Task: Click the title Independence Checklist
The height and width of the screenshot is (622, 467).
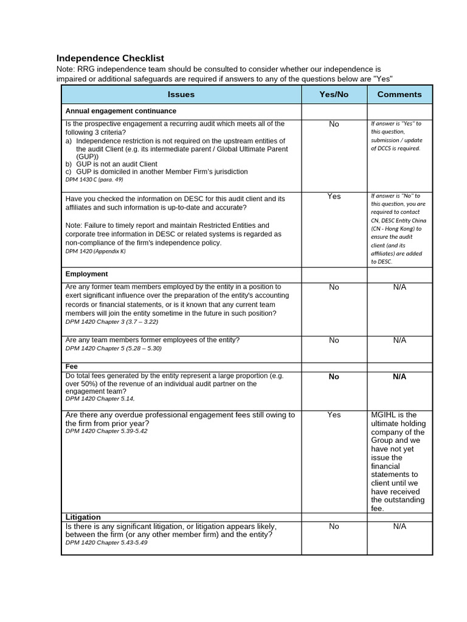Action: point(110,58)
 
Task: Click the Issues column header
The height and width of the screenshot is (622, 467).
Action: point(181,94)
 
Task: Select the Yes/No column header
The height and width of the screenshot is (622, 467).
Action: point(334,94)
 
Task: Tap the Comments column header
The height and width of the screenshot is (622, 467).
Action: point(399,94)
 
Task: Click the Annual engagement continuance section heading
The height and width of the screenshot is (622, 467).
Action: point(121,111)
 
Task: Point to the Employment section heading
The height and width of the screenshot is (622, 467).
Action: point(87,274)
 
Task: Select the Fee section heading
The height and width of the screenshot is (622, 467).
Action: point(72,367)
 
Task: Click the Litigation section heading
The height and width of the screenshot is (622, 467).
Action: point(83,517)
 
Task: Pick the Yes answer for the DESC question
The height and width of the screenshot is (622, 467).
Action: point(334,196)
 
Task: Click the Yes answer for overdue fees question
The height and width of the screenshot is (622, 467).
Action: point(334,415)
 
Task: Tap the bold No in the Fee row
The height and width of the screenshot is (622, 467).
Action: point(334,377)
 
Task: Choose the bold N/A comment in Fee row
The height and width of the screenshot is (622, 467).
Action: point(399,377)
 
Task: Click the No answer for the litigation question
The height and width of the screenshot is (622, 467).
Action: point(334,527)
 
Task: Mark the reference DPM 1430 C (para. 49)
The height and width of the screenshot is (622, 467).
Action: point(94,180)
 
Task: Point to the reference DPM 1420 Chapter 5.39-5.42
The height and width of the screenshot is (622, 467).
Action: point(106,431)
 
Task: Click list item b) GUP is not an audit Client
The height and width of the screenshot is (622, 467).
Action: point(111,164)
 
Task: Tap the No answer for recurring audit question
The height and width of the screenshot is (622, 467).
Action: point(334,124)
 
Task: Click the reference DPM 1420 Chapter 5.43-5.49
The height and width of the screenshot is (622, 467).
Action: point(106,542)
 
